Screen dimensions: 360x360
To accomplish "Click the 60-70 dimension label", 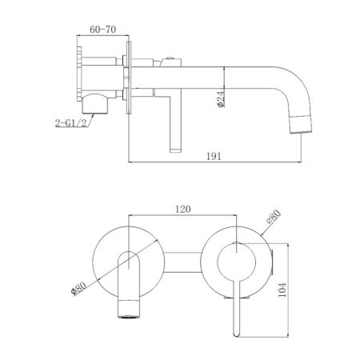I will click(x=99, y=28).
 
